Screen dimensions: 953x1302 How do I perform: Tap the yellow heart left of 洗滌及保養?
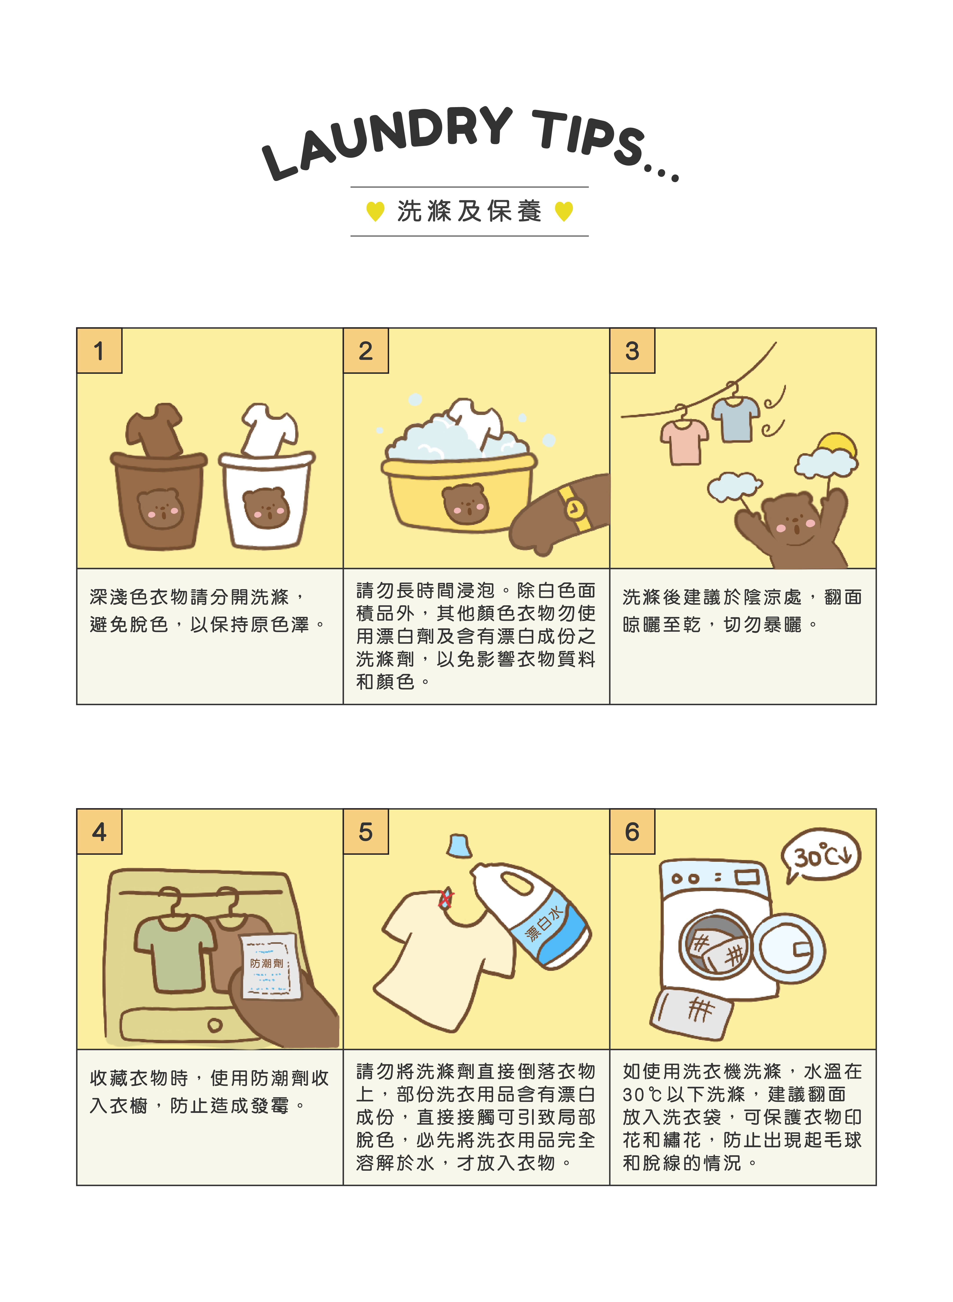tap(375, 211)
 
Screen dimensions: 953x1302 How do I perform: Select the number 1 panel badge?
tap(99, 351)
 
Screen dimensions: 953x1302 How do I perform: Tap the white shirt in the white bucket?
tap(269, 430)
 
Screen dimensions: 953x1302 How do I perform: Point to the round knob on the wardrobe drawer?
tap(215, 1025)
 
